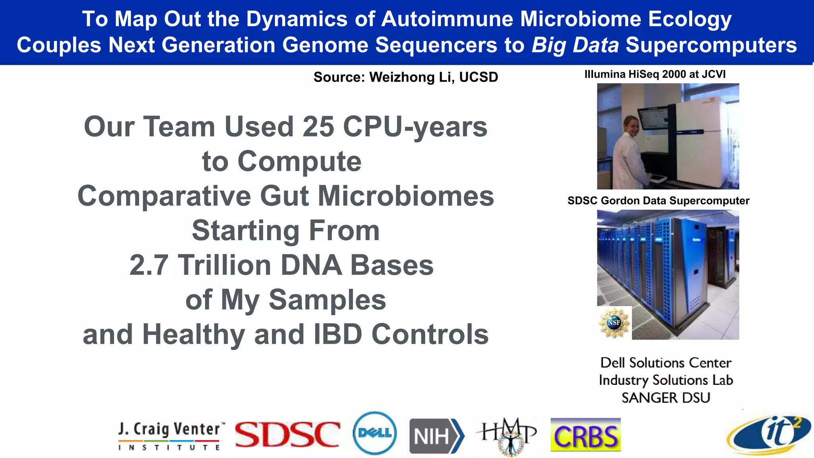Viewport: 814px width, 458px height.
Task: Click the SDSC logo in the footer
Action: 287,434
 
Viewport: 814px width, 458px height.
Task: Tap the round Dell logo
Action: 374,433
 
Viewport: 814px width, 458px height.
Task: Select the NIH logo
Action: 436,436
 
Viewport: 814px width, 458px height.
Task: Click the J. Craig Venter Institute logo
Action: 170,436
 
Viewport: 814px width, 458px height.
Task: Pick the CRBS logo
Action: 585,435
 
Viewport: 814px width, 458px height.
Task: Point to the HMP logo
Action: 508,435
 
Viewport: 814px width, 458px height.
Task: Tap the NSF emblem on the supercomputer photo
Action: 614,322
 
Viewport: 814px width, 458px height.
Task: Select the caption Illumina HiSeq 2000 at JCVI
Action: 655,74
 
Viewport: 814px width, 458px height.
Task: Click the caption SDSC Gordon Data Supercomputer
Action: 658,201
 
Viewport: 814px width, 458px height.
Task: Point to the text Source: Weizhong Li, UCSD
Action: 405,77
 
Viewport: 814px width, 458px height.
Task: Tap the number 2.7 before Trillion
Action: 149,265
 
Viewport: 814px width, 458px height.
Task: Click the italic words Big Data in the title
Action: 575,45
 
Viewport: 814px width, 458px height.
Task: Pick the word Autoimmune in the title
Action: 447,19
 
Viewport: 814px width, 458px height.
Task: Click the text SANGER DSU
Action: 666,398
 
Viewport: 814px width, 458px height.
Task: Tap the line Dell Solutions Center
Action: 666,363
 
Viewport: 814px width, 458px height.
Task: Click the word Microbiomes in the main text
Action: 405,196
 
